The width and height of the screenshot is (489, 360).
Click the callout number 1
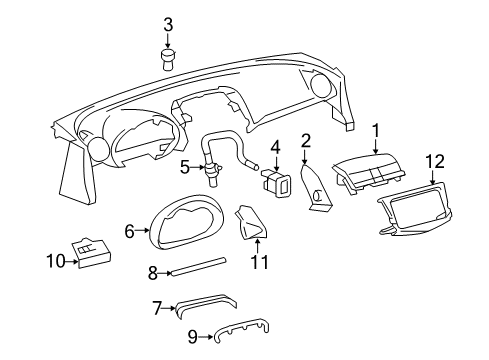[x=377, y=130]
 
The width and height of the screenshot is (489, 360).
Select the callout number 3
[x=169, y=23]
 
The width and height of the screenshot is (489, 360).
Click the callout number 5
[x=185, y=166]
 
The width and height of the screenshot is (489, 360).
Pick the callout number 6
[x=130, y=231]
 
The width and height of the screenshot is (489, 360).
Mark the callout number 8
[x=152, y=271]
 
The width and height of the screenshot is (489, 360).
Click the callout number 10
[x=56, y=262]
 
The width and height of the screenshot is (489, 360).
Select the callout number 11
[x=260, y=263]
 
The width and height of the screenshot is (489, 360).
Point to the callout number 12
[x=433, y=160]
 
